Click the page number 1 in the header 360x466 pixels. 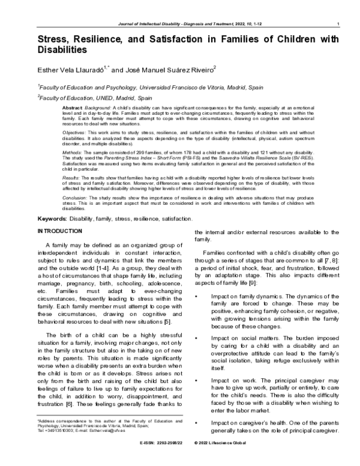tap(339, 23)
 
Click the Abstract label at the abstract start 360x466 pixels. tap(73, 106)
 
